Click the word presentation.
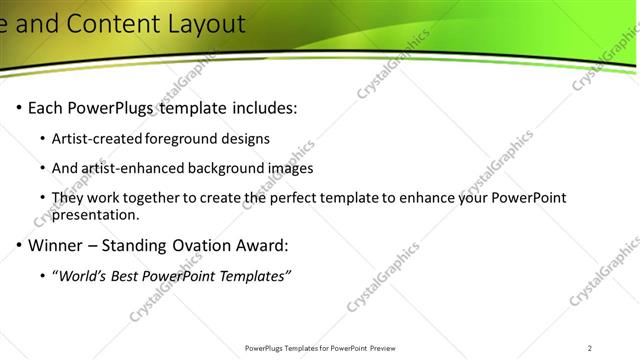tap(97, 215)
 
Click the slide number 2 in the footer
tap(590, 348)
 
